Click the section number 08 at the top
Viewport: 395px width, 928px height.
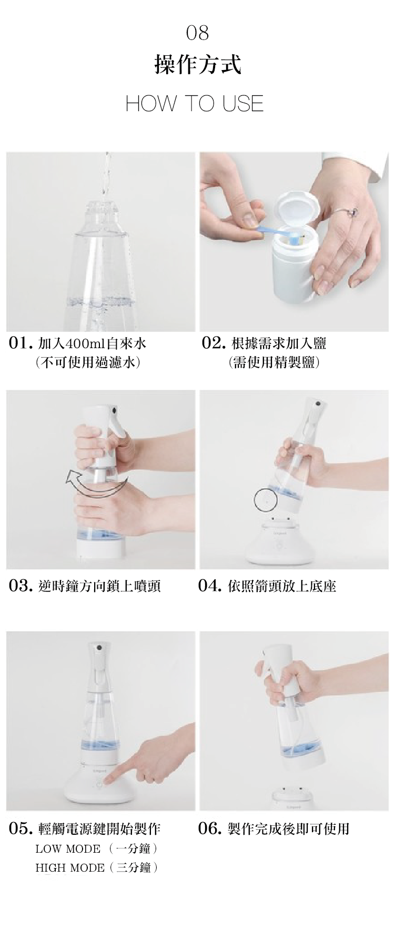(x=197, y=33)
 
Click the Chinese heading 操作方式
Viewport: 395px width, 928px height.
(x=197, y=65)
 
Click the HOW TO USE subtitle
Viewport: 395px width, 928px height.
(x=195, y=103)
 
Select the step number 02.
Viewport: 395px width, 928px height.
(x=214, y=344)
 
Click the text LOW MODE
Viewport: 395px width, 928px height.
(x=68, y=849)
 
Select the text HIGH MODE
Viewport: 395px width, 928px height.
(x=70, y=868)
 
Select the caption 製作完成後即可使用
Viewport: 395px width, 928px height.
(x=288, y=829)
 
